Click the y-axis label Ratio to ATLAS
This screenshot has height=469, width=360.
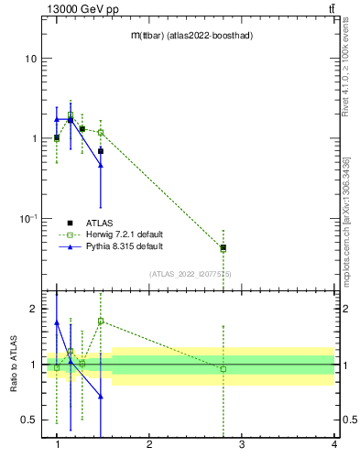pyautogui.click(x=13, y=365)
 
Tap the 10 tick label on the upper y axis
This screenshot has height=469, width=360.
pyautogui.click(x=30, y=59)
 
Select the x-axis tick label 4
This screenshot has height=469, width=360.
pyautogui.click(x=334, y=444)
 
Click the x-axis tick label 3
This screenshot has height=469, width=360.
pyautogui.click(x=242, y=444)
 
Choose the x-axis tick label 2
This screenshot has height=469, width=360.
pyautogui.click(x=149, y=444)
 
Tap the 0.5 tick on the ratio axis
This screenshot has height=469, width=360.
pyautogui.click(x=27, y=420)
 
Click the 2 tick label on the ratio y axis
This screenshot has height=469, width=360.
pyautogui.click(x=33, y=309)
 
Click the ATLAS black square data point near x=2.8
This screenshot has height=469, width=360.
pyautogui.click(x=224, y=246)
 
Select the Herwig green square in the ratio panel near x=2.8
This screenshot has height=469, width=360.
pyautogui.click(x=224, y=368)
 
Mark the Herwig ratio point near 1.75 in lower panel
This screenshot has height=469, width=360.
pyautogui.click(x=101, y=322)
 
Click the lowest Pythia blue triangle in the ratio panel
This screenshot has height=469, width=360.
pyautogui.click(x=101, y=397)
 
